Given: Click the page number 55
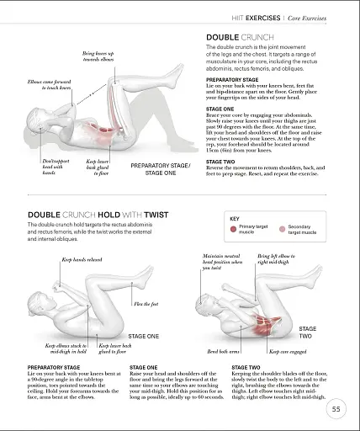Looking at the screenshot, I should pyautogui.click(x=336, y=409).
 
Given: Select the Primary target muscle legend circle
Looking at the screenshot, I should pyautogui.click(x=234, y=228).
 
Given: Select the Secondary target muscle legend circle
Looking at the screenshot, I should pyautogui.click(x=282, y=228).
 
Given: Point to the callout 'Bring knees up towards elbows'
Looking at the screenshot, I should pyautogui.click(x=99, y=56).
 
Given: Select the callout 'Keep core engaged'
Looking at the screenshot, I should pyautogui.click(x=284, y=350).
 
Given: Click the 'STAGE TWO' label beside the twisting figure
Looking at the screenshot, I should pyautogui.click(x=308, y=332).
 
